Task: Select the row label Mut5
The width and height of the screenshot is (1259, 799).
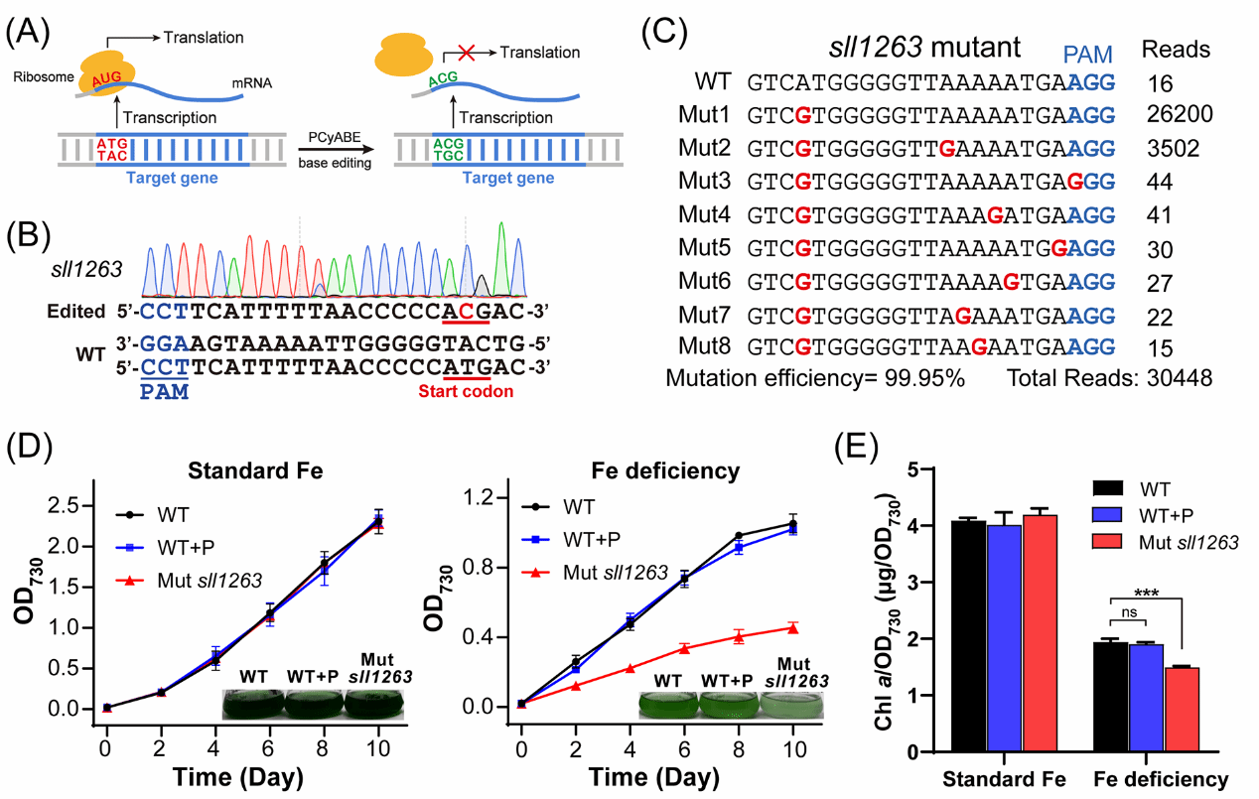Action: click(x=706, y=245)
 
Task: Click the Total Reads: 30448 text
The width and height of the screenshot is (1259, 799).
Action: click(x=1109, y=378)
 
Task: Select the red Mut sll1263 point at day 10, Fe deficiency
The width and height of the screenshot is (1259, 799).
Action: click(x=793, y=627)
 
